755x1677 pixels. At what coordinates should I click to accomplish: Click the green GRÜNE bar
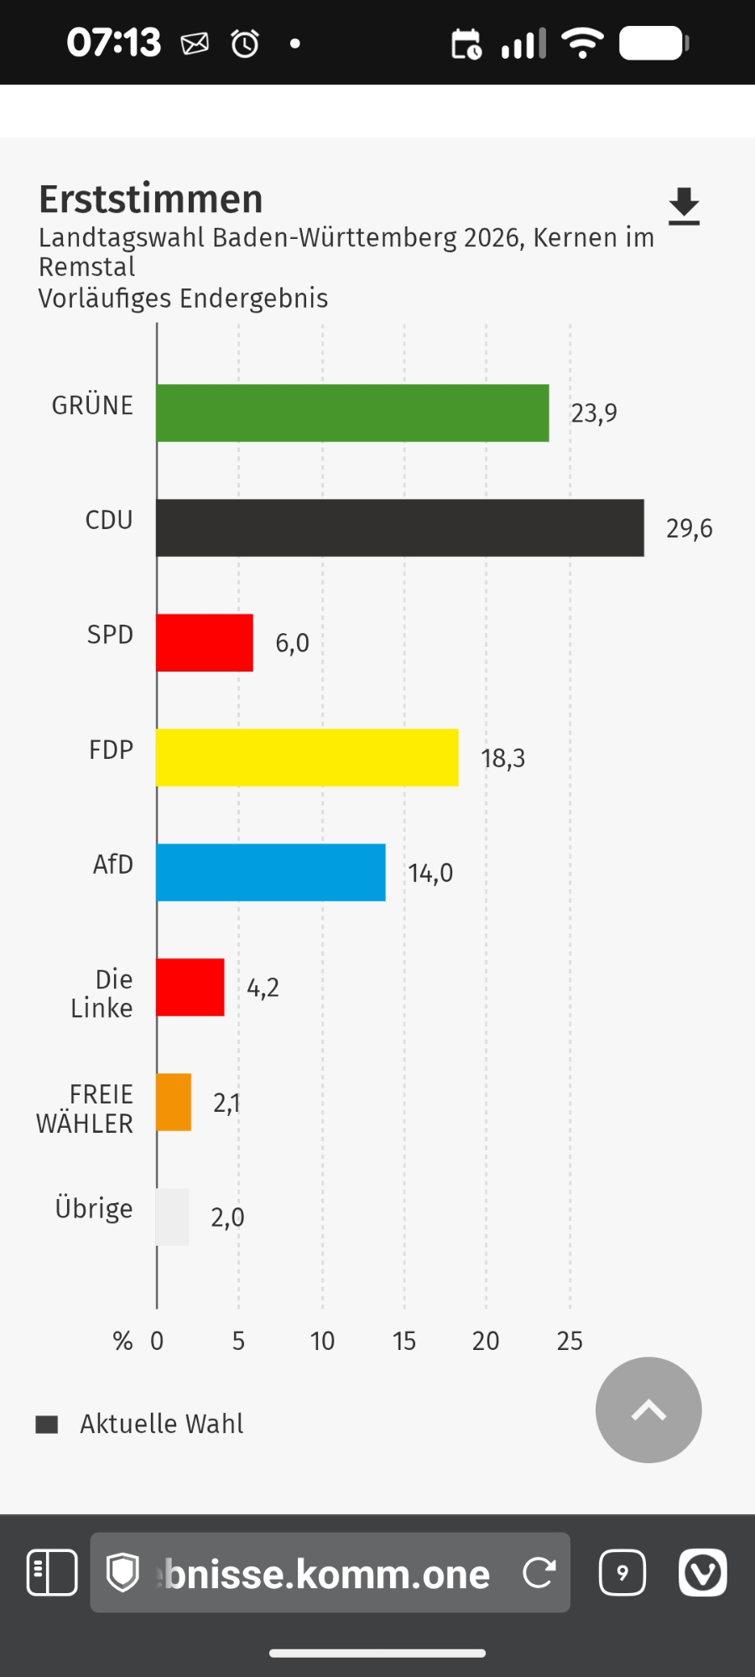pos(352,413)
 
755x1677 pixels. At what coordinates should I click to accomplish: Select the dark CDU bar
pos(400,527)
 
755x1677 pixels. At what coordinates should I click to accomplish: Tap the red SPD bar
pos(205,642)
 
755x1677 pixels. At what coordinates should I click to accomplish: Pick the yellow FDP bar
pos(307,757)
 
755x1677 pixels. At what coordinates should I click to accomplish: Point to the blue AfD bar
pos(271,872)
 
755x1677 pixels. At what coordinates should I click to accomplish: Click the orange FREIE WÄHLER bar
pos(174,1102)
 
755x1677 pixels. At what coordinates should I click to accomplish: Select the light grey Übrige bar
pos(173,1217)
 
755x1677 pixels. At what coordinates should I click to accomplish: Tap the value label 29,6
pos(689,528)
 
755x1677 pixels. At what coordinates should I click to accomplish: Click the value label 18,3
pos(502,758)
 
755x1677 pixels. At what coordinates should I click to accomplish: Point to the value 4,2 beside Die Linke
pos(263,988)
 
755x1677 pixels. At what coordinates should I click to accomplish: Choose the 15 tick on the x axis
pos(404,1341)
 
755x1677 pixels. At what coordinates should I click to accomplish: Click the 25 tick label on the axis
pos(570,1341)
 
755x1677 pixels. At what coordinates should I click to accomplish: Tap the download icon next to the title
pos(684,206)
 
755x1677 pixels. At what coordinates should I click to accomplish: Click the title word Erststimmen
pos(151,200)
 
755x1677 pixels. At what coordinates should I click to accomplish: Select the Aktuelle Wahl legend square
pos(47,1424)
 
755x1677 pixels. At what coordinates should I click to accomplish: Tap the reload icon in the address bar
pos(539,1573)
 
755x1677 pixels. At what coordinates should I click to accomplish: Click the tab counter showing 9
pos(622,1573)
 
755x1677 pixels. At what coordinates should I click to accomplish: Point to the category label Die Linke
pos(102,994)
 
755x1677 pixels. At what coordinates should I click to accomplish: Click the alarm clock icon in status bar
pos(245,43)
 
